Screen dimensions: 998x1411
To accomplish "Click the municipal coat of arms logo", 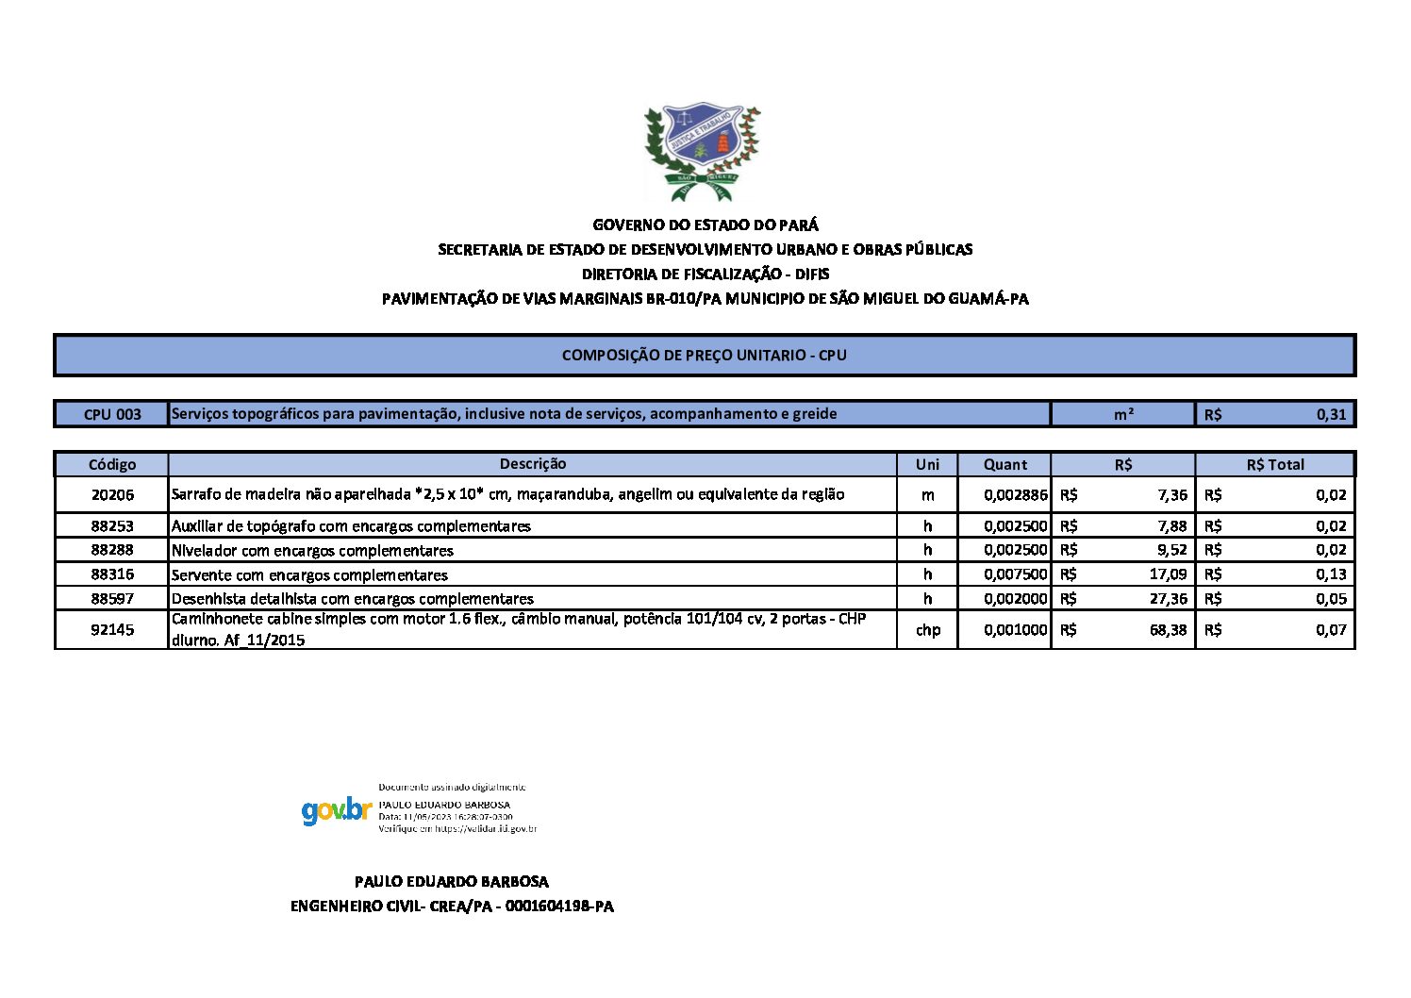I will (x=702, y=151).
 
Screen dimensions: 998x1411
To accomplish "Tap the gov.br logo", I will (x=337, y=810).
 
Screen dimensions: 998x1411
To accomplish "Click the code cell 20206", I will (x=112, y=495).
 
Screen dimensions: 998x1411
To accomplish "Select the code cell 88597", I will (x=112, y=599).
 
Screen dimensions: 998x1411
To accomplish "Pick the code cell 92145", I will (x=112, y=630).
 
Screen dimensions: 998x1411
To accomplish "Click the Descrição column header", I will (x=533, y=464).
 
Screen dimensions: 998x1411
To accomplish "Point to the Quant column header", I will (x=1005, y=464).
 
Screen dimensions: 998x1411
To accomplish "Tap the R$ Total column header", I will (x=1275, y=464).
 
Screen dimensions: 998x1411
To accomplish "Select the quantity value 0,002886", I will (x=1015, y=495).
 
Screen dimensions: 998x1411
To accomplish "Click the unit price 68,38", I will (x=1168, y=630).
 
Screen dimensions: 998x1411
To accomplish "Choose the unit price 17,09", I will (x=1168, y=574).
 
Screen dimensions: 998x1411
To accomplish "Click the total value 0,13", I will (x=1331, y=574).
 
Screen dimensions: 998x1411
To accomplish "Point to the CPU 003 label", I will (x=112, y=414).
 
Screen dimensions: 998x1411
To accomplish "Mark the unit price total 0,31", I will (x=1331, y=414).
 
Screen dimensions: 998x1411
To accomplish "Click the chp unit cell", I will (x=928, y=630).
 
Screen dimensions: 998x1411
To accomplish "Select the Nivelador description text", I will (x=312, y=551).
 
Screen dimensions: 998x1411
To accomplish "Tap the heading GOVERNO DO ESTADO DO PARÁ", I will (x=705, y=225).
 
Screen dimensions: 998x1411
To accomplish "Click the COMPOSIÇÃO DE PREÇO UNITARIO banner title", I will (x=705, y=356).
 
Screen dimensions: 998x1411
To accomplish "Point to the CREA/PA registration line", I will (x=452, y=907).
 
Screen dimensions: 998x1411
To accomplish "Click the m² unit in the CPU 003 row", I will (x=1123, y=414).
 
